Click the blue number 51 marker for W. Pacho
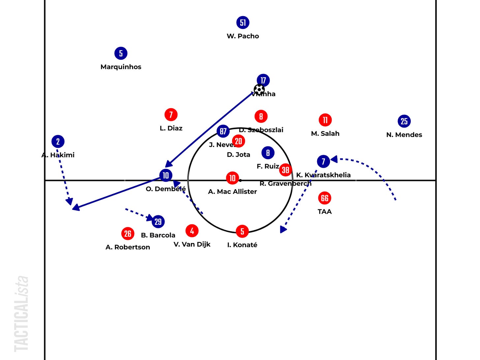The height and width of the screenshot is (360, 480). click(x=243, y=22)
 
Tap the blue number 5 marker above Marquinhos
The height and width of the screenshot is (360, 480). click(x=121, y=53)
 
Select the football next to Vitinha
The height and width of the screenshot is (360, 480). click(x=259, y=89)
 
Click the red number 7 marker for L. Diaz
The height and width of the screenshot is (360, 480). click(x=171, y=114)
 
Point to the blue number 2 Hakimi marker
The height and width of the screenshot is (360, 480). click(x=58, y=141)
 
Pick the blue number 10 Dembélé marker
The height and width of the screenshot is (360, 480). click(x=165, y=175)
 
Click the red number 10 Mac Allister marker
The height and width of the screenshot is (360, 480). click(x=232, y=178)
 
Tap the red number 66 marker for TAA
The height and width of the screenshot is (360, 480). click(x=325, y=198)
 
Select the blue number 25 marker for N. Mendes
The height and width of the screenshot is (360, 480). click(x=404, y=121)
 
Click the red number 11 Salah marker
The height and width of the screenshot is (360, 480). click(x=325, y=120)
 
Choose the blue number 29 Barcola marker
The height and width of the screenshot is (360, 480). click(x=158, y=222)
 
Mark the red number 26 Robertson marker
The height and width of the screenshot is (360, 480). click(x=128, y=234)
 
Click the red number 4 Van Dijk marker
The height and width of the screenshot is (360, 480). click(x=192, y=231)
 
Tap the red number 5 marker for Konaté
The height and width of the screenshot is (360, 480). click(x=242, y=231)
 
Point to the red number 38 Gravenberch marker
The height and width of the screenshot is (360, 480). click(x=285, y=170)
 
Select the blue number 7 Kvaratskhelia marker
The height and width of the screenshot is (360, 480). click(x=323, y=161)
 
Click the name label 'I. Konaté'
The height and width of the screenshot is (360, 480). click(x=242, y=245)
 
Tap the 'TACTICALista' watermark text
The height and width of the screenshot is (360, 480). click(x=22, y=313)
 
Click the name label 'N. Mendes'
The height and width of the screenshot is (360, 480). click(x=404, y=135)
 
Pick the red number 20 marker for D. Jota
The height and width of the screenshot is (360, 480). click(x=238, y=141)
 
